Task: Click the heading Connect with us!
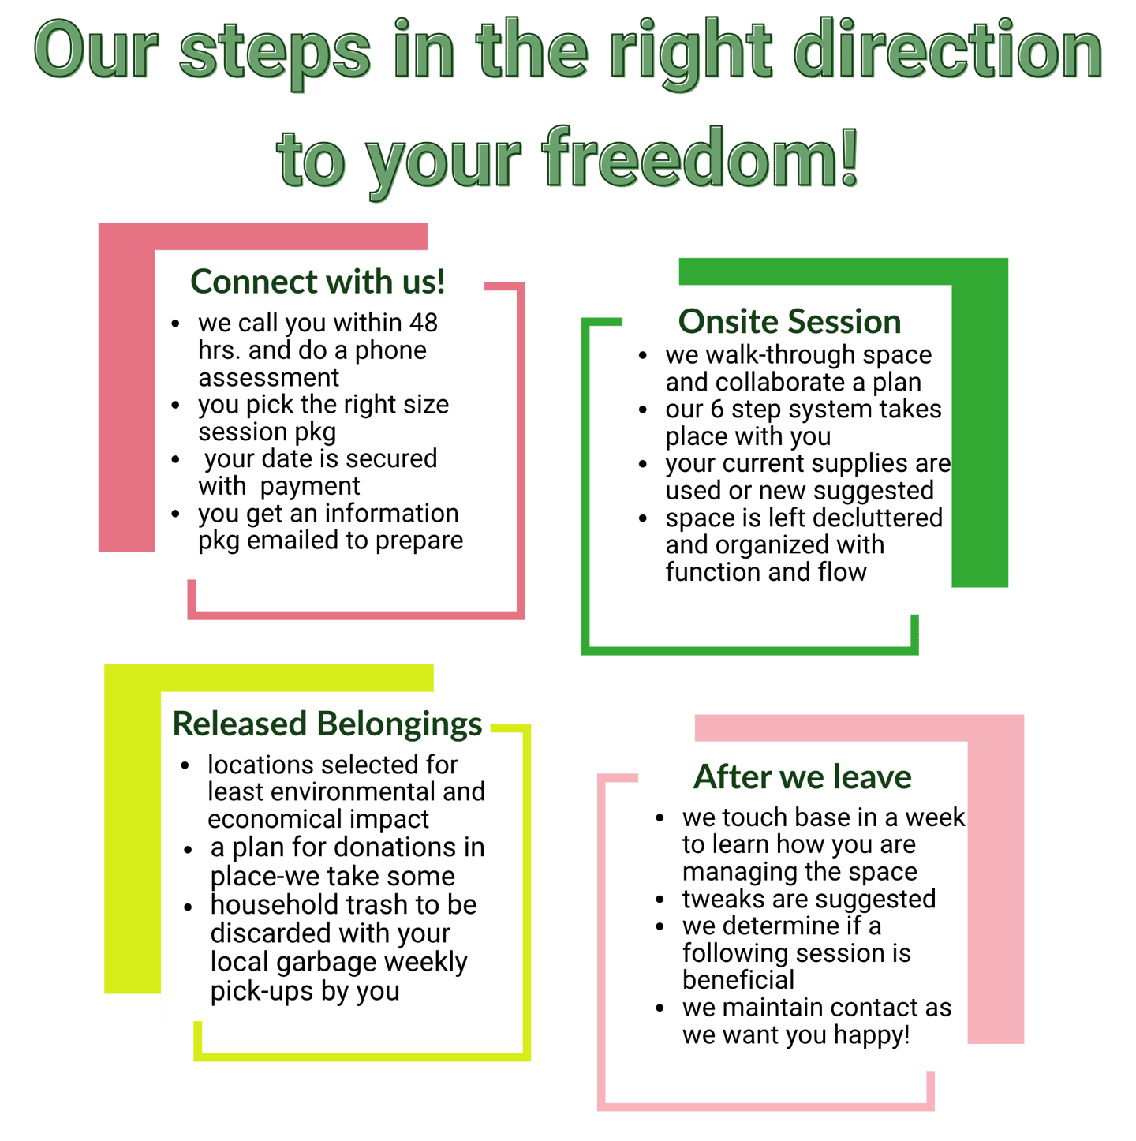pyautogui.click(x=318, y=282)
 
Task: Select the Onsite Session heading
pyautogui.click(x=790, y=321)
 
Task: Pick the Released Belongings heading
pyautogui.click(x=327, y=724)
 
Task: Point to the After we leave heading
pyautogui.click(x=802, y=777)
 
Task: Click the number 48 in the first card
pyautogui.click(x=424, y=323)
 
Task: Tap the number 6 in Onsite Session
pyautogui.click(x=716, y=410)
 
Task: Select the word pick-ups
pyautogui.click(x=262, y=992)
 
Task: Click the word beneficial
pyautogui.click(x=738, y=980)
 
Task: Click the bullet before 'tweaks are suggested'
pyautogui.click(x=660, y=900)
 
